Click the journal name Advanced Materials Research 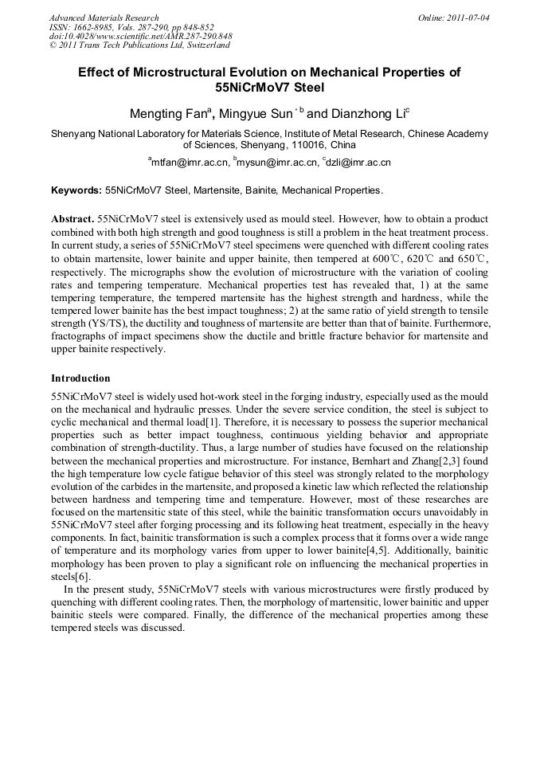[104, 18]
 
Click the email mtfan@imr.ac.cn [190, 163]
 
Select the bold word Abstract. [72, 218]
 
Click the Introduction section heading [80, 378]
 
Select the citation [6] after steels [85, 574]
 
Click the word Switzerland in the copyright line [204, 45]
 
